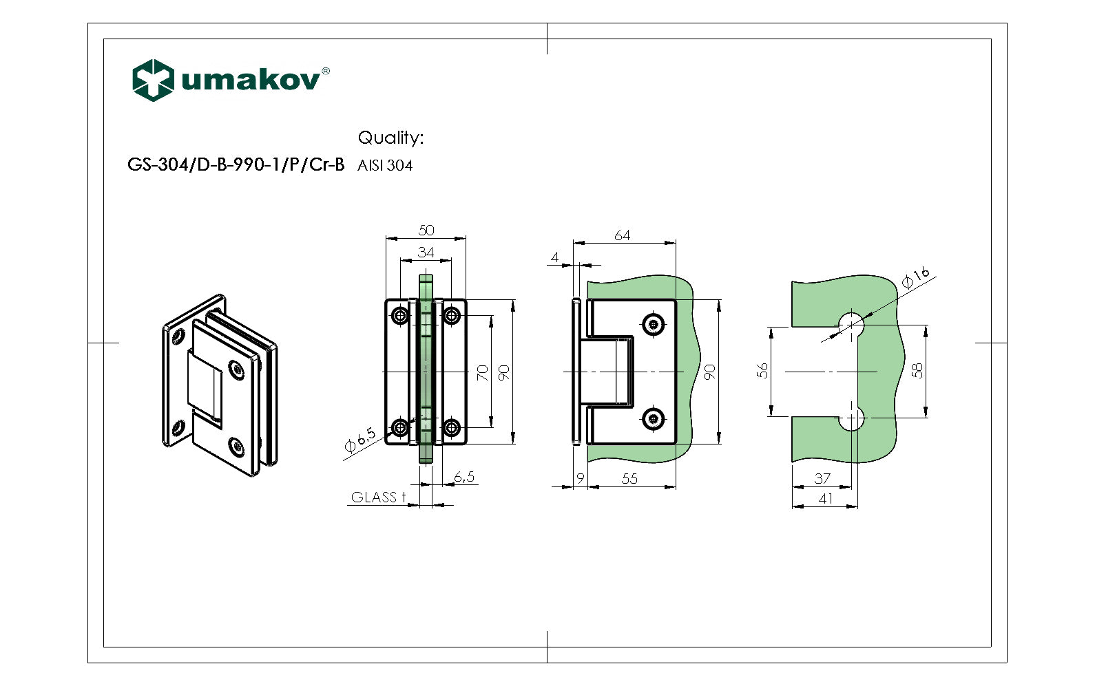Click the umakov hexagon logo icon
point(152,80)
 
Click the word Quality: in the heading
point(390,138)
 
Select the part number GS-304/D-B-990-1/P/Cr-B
point(236,165)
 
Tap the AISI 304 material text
point(385,166)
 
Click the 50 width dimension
point(426,231)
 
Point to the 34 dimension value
point(426,253)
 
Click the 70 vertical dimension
point(483,373)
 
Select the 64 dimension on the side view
point(622,235)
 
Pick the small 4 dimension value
point(555,258)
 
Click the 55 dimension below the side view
point(629,479)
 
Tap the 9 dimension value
point(581,478)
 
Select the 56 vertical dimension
point(762,371)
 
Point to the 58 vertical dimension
point(917,371)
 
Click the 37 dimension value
point(822,478)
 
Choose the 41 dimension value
point(825,499)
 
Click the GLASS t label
point(378,497)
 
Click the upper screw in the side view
point(653,324)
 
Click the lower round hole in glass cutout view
point(852,418)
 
